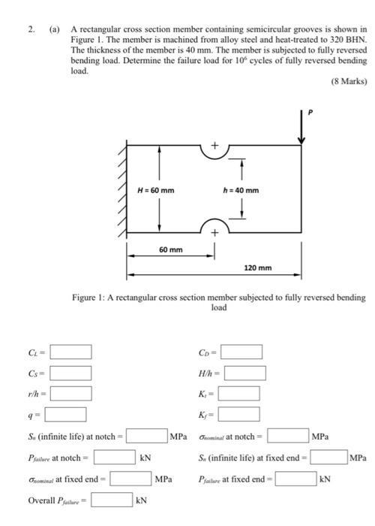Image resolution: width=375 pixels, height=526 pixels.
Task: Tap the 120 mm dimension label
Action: (259, 268)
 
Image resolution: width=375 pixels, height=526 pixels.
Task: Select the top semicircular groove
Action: (214, 153)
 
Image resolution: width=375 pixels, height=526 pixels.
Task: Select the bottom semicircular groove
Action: (214, 225)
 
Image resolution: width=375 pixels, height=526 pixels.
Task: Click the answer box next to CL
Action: (71, 352)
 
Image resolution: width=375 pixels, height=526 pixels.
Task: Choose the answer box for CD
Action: (241, 352)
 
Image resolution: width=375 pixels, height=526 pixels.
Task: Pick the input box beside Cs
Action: (71, 373)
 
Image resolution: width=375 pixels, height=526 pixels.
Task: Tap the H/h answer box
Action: (245, 373)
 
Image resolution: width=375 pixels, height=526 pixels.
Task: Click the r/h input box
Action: (71, 393)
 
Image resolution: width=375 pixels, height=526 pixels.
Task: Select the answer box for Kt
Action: (239, 393)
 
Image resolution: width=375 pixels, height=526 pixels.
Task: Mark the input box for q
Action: (65, 414)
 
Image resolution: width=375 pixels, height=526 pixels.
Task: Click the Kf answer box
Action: (239, 414)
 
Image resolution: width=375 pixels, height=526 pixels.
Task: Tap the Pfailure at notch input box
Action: (115, 456)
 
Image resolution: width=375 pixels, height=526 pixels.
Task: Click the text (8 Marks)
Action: (347, 82)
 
